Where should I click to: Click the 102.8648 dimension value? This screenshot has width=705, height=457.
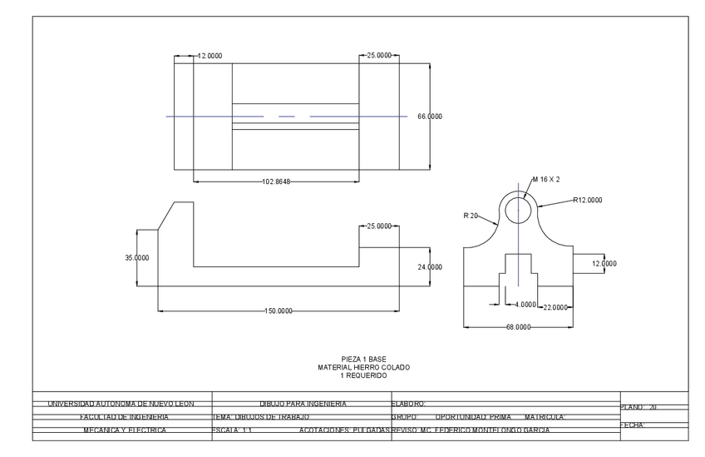(276, 181)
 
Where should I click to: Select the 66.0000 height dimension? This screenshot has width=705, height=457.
(429, 117)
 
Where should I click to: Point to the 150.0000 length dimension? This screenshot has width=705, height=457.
(278, 310)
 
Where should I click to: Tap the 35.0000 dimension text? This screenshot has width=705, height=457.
(136, 258)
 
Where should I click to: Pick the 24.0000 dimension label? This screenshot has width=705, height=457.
(429, 267)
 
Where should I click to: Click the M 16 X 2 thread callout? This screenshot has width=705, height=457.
(545, 179)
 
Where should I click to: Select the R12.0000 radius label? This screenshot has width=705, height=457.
(587, 200)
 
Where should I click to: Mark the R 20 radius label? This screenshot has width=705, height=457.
(471, 216)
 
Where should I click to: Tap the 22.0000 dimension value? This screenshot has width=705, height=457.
(555, 307)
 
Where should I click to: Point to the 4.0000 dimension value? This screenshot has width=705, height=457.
(525, 305)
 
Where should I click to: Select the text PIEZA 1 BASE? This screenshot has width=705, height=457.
(363, 360)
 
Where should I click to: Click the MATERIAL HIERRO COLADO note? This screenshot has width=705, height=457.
(363, 367)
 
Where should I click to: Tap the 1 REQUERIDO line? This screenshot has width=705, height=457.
(363, 375)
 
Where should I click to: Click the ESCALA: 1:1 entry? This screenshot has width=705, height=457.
(233, 430)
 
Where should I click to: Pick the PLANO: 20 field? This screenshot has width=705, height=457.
(639, 407)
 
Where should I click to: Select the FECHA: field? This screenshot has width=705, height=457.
(634, 425)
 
